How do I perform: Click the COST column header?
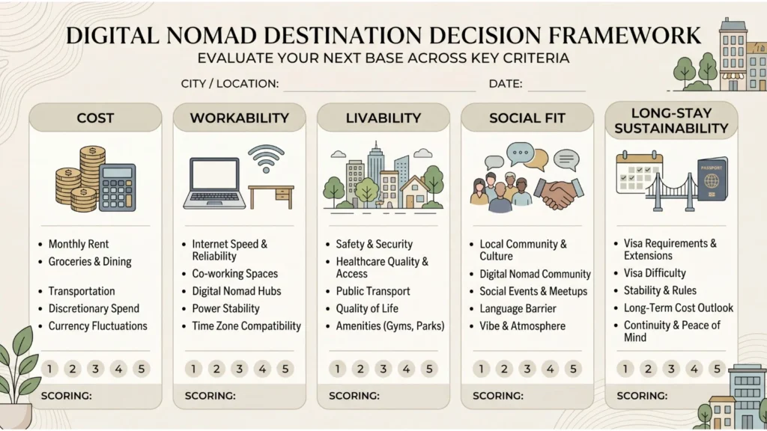[95, 118]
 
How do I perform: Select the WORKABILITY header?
[239, 118]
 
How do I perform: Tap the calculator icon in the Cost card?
[117, 187]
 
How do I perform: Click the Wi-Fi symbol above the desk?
[266, 159]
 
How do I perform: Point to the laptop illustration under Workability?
[214, 183]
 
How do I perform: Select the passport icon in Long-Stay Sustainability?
[712, 179]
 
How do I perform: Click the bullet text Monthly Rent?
[79, 244]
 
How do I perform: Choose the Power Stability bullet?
[225, 308]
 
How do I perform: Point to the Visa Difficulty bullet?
[655, 273]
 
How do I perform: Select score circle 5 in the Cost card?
[142, 368]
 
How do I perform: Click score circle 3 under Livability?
[383, 368]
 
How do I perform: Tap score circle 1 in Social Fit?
[482, 368]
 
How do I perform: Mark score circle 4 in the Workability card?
[262, 368]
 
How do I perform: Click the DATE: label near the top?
[506, 84]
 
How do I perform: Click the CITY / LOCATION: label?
[230, 84]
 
